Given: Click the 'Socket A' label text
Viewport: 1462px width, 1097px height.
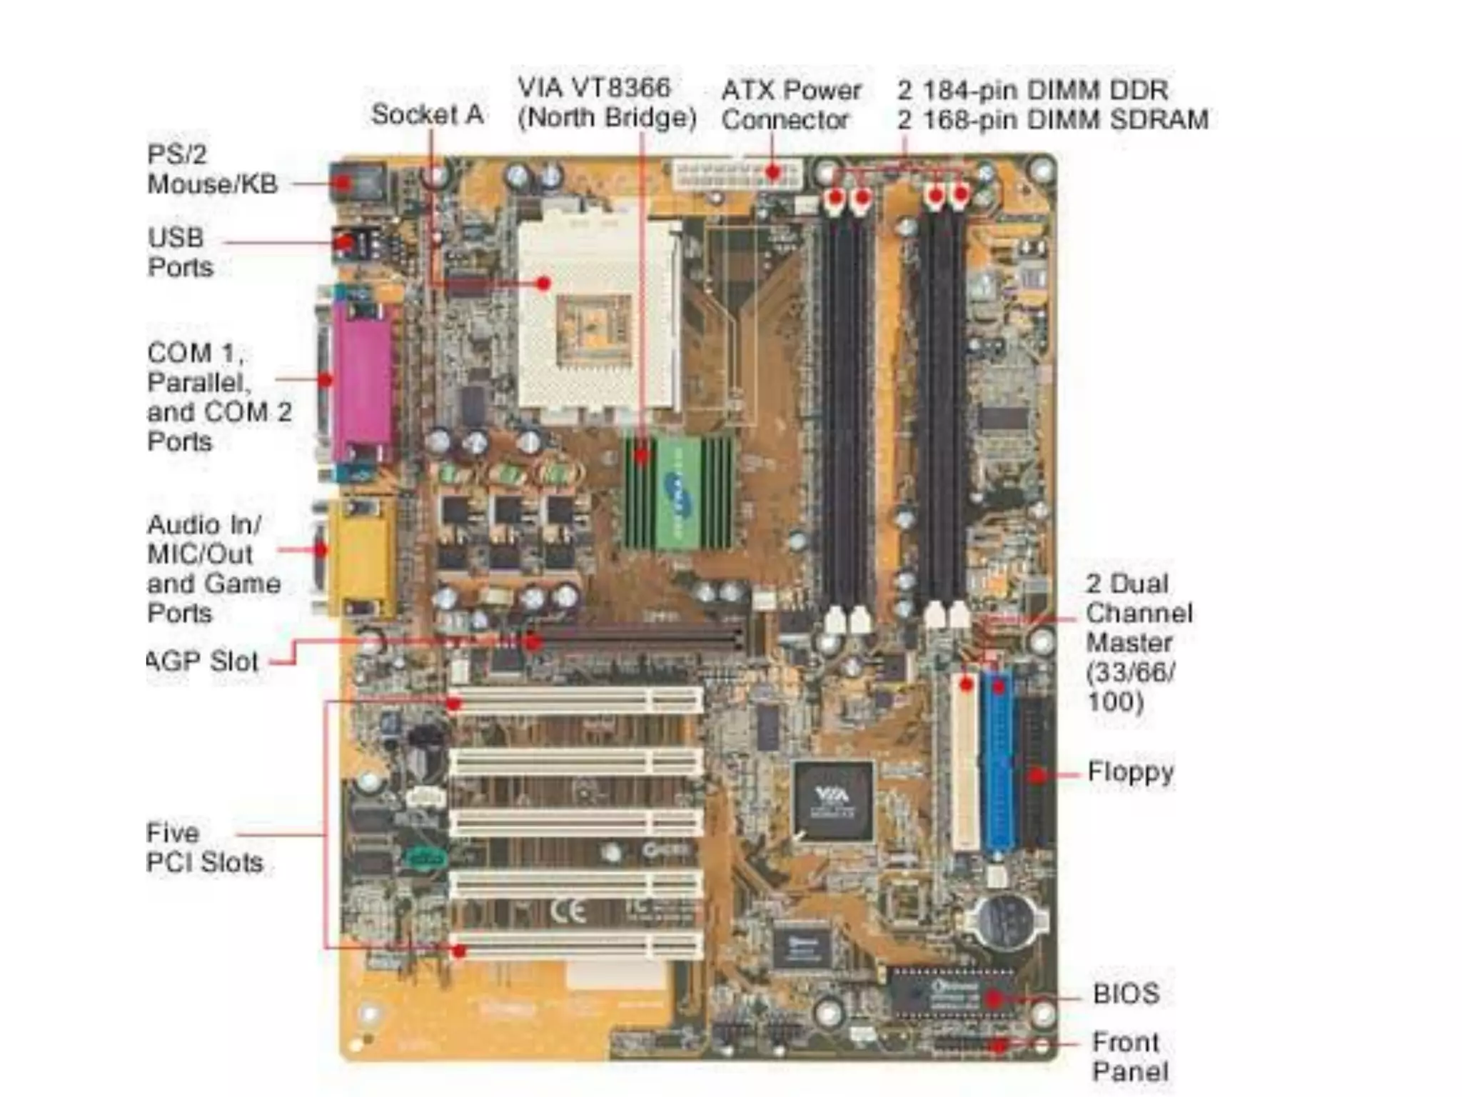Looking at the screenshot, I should [427, 114].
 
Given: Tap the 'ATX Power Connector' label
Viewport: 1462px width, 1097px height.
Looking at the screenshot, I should [791, 104].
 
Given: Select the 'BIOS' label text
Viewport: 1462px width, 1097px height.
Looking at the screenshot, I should [1126, 993].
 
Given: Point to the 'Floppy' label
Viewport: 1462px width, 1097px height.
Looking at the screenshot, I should [1130, 772].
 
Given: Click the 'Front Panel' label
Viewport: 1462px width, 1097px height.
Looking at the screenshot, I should [1129, 1056].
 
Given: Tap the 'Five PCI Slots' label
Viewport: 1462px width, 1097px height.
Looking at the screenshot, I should [205, 848].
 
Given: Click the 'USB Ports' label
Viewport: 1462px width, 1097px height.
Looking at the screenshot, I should [180, 252].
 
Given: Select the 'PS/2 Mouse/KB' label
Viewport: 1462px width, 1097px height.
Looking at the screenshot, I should [212, 169].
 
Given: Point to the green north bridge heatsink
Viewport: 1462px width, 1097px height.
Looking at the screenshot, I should [679, 493].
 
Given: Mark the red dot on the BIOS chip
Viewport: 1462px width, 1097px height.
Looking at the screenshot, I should [992, 997].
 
